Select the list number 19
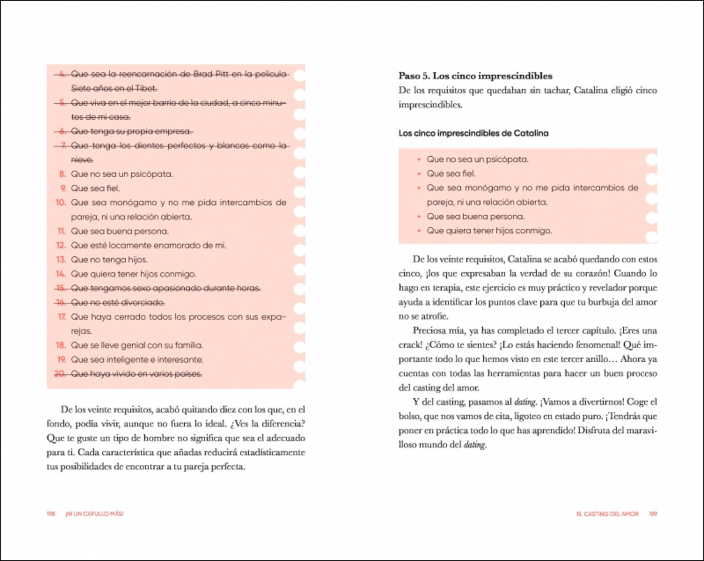point(60,359)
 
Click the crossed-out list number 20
point(60,374)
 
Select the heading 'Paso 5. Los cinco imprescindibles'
point(475,76)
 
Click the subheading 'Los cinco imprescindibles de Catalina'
point(473,133)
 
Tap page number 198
point(51,513)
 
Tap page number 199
point(653,513)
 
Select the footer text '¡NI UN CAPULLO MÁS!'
point(94,513)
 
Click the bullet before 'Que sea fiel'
point(418,174)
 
